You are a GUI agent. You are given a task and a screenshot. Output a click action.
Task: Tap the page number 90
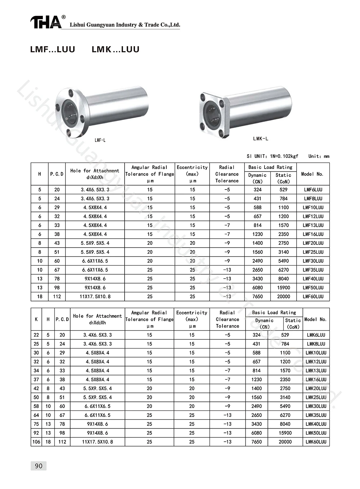(x=39, y=466)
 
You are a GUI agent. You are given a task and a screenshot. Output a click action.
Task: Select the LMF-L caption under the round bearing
(x=100, y=140)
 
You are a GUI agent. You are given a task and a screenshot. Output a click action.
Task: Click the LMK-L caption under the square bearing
(x=261, y=139)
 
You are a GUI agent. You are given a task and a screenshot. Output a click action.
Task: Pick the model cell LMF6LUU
(x=313, y=190)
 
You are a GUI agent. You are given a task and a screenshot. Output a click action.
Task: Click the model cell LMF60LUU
(x=313, y=297)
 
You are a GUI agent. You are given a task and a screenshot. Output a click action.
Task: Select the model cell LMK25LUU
(x=316, y=397)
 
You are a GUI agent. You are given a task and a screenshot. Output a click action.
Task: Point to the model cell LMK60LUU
(x=316, y=442)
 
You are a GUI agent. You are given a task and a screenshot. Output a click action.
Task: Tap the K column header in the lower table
(x=36, y=319)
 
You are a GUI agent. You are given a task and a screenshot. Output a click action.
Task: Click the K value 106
(x=36, y=442)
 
